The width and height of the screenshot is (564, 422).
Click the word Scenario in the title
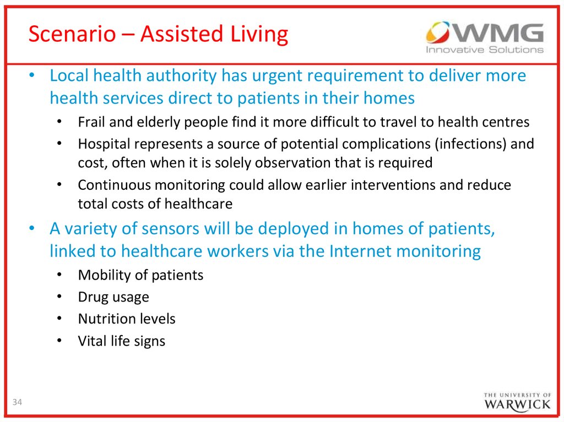click(x=72, y=34)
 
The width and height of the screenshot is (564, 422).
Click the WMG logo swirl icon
click(x=438, y=32)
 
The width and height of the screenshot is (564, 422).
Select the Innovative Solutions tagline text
click(x=485, y=50)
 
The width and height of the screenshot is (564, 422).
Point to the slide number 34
click(x=17, y=402)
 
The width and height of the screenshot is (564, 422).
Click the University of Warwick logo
click(x=517, y=402)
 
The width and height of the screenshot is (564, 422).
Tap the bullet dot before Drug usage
click(x=59, y=297)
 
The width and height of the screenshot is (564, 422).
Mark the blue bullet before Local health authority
click(x=32, y=75)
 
